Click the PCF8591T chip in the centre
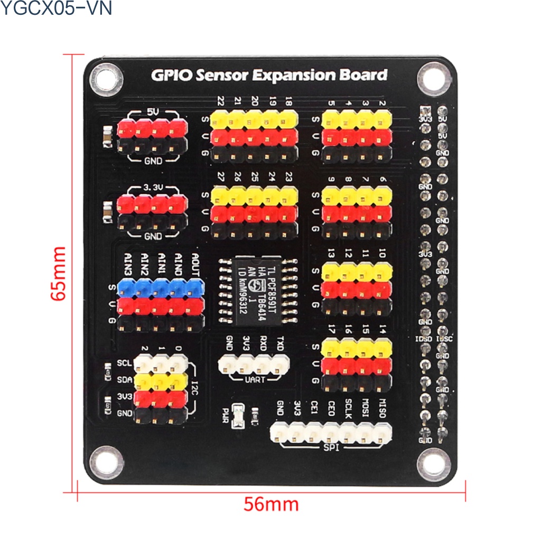(257, 293)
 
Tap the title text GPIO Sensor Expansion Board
(269, 75)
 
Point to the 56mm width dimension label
(271, 504)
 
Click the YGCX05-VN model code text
(56, 8)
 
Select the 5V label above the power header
(153, 113)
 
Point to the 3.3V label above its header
(153, 187)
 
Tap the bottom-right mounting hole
(433, 463)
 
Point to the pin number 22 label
(220, 101)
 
